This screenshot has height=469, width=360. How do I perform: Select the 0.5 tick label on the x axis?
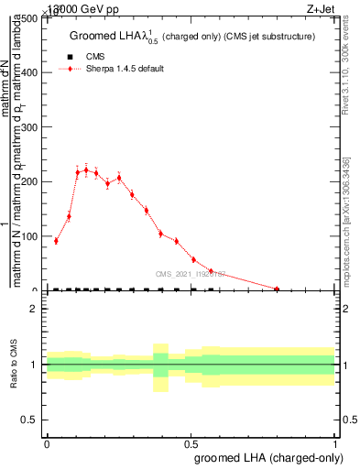click(191, 443)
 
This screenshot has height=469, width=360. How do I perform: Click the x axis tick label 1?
click(335, 443)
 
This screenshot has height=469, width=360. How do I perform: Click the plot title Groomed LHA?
click(192, 37)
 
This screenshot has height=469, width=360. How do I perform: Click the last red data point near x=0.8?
click(277, 289)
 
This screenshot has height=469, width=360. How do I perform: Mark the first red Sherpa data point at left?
click(56, 241)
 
